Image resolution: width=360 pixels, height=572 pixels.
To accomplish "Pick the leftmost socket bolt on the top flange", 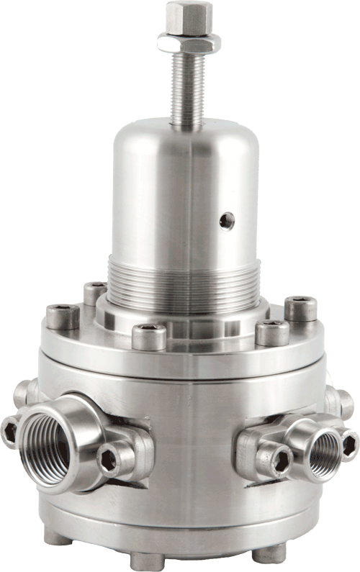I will (63, 316).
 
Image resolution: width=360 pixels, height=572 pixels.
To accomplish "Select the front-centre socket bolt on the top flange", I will (149, 335).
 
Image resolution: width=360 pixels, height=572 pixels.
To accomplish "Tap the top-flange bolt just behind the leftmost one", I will (94, 291).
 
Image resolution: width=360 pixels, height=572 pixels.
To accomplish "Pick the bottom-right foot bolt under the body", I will (273, 553).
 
